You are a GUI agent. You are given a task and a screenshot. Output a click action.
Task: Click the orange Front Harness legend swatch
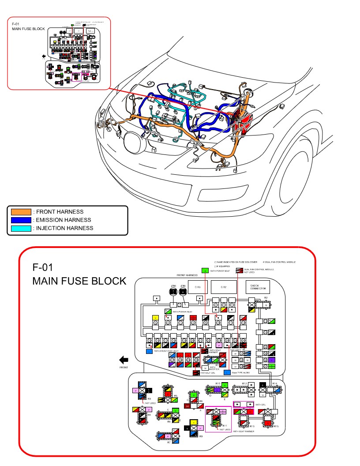coord(21,212)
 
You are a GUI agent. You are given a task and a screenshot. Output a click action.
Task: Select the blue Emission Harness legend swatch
coord(21,220)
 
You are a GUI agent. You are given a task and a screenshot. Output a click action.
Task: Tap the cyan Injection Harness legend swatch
coord(21,228)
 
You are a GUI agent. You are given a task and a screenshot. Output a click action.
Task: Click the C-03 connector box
coord(198,287)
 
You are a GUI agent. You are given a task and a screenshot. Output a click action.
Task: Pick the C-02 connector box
coord(223,287)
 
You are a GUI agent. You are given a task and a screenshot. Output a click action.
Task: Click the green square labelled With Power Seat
coord(204,271)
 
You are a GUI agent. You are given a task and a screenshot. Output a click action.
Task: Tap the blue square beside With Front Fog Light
coord(149,351)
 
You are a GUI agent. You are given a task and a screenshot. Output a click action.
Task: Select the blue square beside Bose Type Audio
coord(227,372)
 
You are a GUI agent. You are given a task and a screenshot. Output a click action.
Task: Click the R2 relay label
coord(266,298)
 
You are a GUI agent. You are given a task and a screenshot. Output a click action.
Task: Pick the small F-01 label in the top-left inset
coord(15,23)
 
